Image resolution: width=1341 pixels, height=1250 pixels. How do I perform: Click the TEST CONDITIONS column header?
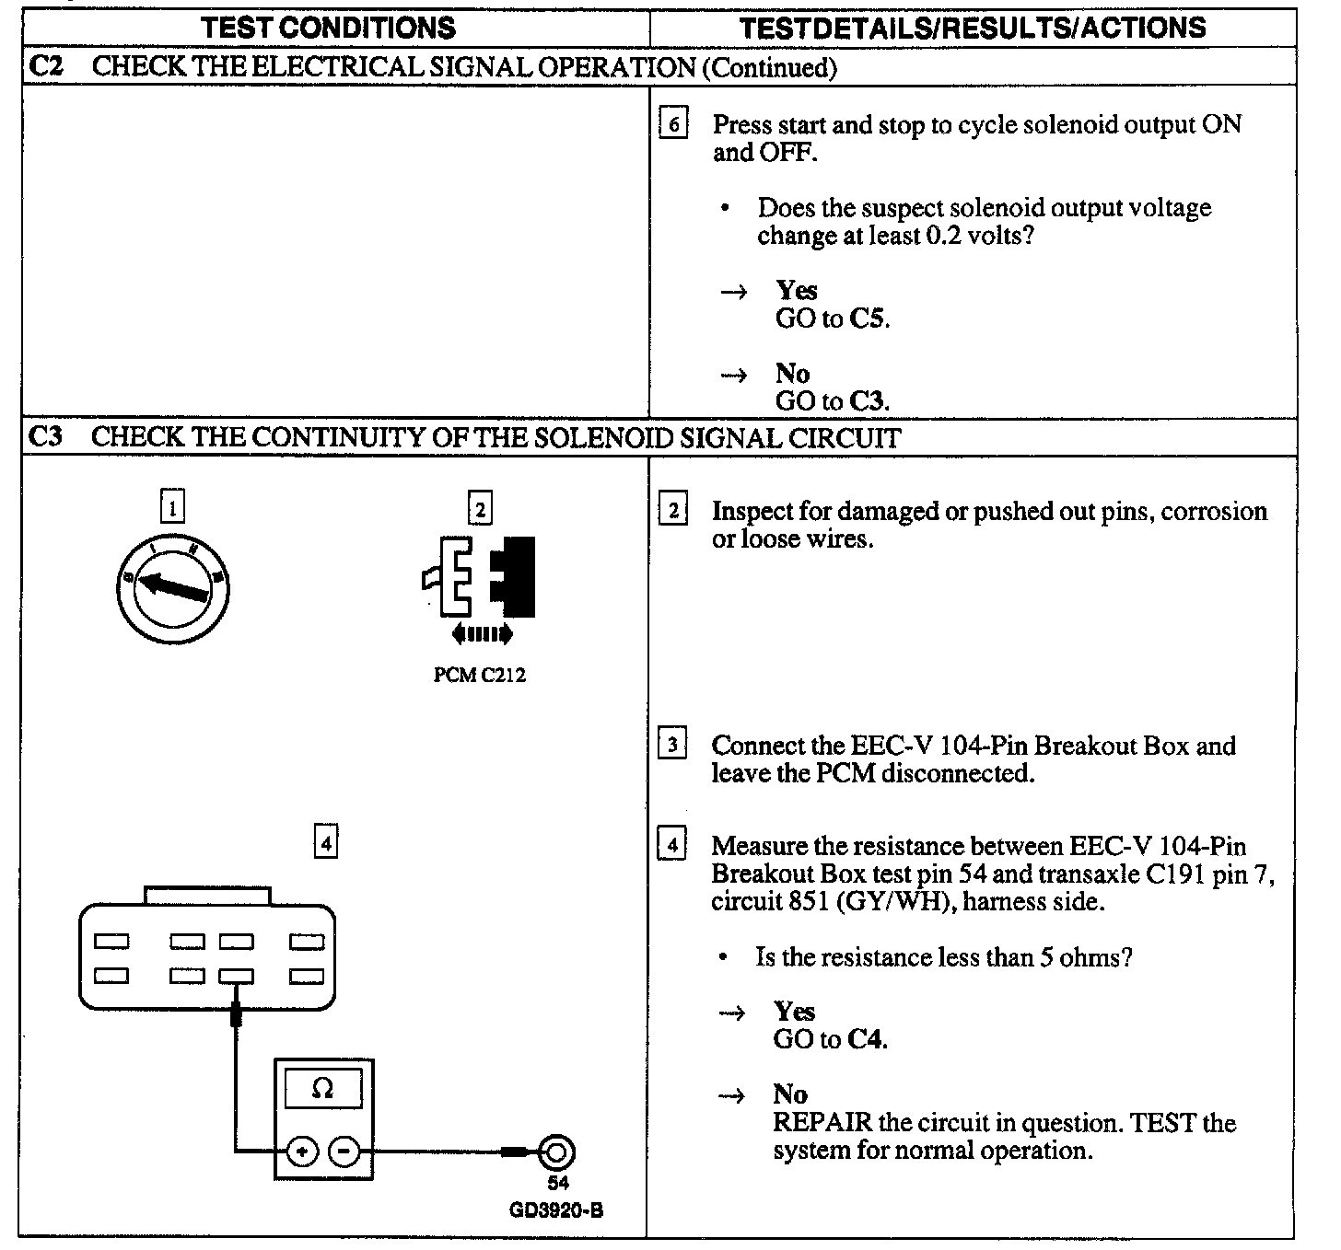click(329, 28)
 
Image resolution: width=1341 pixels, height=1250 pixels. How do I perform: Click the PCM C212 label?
click(479, 676)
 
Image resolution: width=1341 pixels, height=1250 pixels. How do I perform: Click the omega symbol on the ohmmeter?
click(322, 1089)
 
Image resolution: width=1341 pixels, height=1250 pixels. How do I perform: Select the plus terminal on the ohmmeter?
click(303, 1151)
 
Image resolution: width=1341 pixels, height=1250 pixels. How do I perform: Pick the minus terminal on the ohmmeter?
click(344, 1151)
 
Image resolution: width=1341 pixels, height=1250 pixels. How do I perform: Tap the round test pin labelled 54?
click(556, 1152)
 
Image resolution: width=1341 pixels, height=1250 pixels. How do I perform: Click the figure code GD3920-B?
click(556, 1210)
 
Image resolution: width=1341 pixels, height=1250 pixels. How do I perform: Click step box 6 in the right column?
click(673, 123)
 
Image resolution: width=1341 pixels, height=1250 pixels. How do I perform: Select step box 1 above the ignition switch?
click(172, 506)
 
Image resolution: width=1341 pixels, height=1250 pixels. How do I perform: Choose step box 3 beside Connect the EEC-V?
click(673, 744)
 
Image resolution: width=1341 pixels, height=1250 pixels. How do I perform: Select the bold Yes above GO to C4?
click(794, 1012)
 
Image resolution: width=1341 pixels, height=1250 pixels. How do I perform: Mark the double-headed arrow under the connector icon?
click(481, 634)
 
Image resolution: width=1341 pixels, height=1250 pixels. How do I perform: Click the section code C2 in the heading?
click(46, 66)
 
